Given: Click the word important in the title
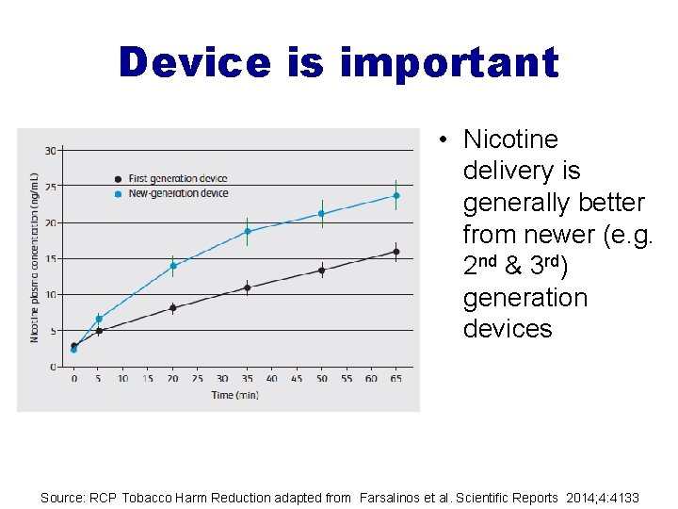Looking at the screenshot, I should point(448,62).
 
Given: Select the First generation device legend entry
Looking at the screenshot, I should point(177,178).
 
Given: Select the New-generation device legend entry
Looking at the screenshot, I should point(177,193).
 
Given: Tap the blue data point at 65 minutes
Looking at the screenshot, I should point(396,196).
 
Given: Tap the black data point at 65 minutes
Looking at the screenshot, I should point(396,252).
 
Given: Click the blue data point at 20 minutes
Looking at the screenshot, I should point(173,266).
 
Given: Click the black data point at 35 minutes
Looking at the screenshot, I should point(248,288).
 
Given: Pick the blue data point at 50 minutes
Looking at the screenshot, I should point(322,214).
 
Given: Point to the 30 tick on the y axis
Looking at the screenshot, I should point(51,151).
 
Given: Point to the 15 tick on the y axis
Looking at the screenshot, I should point(51,259).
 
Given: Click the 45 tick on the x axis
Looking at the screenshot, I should point(297,378).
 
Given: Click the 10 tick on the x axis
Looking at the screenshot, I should point(123,378).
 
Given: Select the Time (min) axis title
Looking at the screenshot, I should point(235,395).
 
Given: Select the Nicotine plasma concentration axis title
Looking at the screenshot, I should point(34,257).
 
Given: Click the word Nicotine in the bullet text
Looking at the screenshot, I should point(510,140).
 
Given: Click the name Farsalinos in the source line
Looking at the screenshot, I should point(393,497).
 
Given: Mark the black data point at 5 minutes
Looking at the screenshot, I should point(99,331).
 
